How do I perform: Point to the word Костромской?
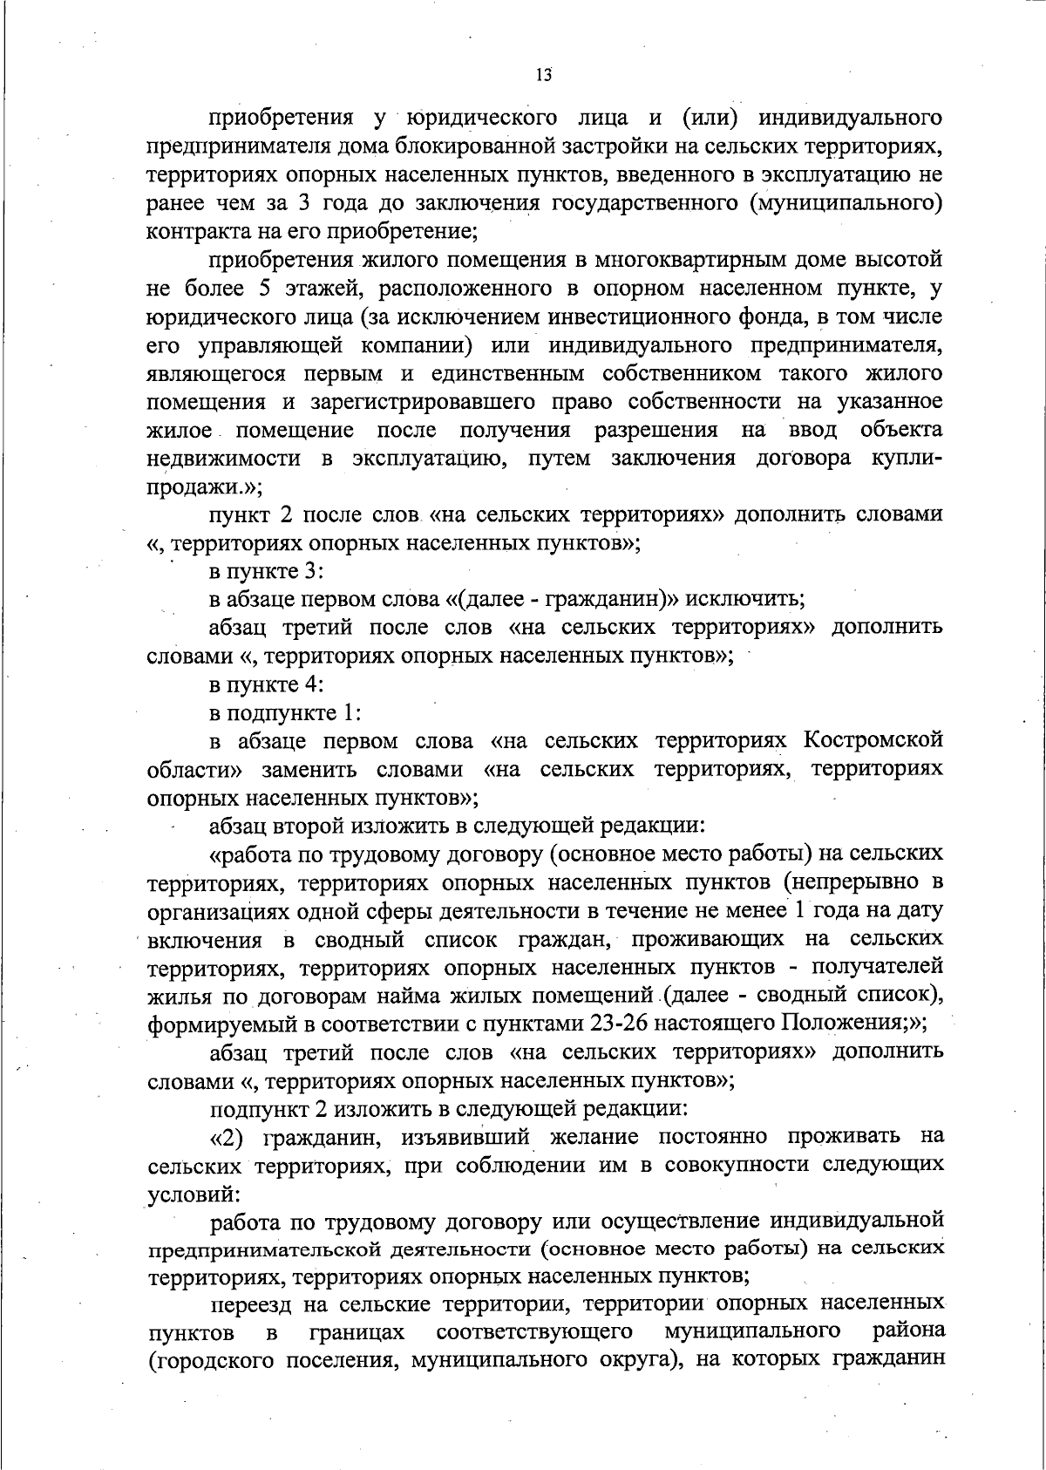(x=873, y=741)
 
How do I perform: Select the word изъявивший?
(x=465, y=1138)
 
